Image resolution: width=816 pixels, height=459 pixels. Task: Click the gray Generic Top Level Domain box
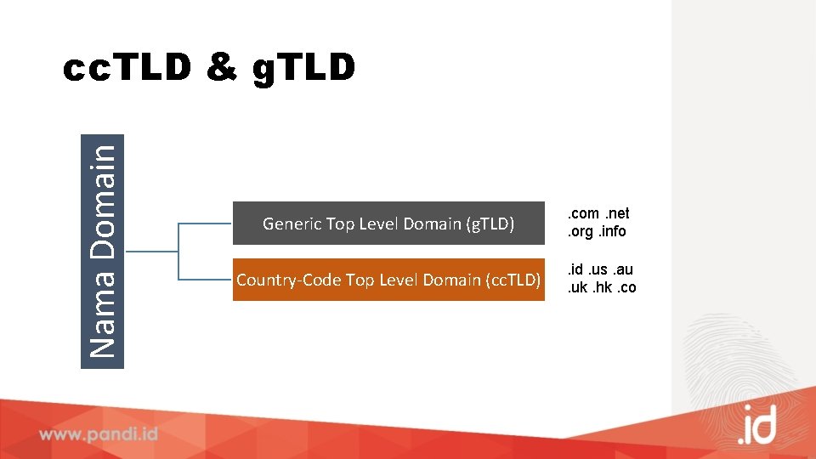[388, 224]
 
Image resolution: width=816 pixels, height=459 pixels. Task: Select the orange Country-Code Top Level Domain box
[388, 280]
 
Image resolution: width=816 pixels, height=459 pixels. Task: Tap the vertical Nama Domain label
[102, 251]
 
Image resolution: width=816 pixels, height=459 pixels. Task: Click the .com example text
[584, 214]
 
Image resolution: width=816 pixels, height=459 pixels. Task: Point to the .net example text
[617, 214]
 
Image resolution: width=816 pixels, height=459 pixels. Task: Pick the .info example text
[612, 231]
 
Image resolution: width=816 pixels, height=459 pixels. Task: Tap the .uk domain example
[578, 287]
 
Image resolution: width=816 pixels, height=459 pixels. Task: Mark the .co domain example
[626, 287]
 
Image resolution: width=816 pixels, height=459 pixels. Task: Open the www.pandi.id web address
[99, 433]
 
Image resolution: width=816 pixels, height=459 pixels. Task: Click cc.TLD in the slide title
[127, 69]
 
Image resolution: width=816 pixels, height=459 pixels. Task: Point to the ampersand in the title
[222, 69]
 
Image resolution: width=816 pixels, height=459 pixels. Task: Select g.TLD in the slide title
[304, 69]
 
